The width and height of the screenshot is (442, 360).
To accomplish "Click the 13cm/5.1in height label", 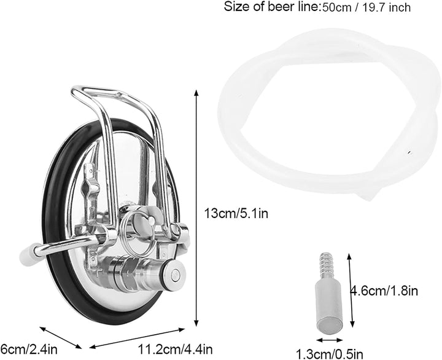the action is (236, 213).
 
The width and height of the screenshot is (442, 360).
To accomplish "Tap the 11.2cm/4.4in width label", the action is (175, 350).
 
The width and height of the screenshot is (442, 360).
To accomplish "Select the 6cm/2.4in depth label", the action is (29, 350).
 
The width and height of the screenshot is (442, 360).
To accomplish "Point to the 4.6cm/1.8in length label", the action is (384, 291).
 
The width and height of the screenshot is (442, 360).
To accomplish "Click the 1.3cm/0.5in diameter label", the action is (329, 354).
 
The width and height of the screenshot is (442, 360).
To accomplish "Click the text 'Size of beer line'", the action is (271, 7).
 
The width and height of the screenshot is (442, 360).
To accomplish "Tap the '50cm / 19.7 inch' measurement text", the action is (365, 7).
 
